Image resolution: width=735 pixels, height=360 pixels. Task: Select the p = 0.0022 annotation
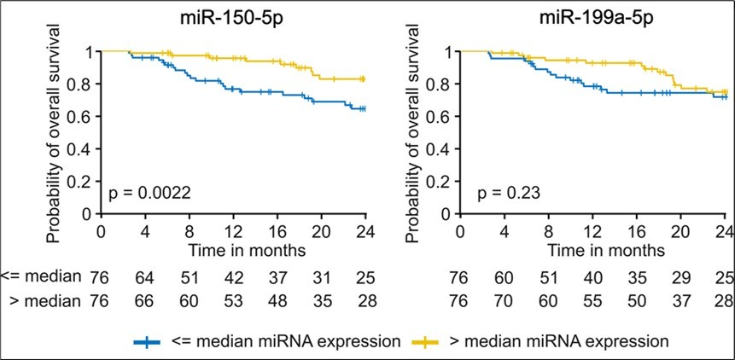(x=149, y=195)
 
